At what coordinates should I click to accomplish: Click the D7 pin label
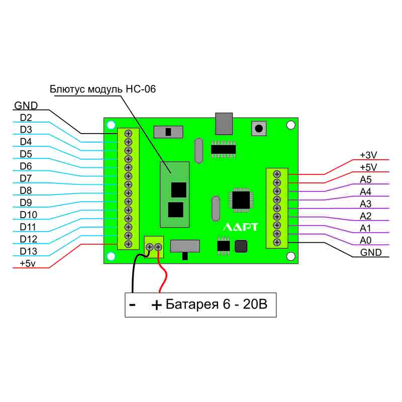(26, 178)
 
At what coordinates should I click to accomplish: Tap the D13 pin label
(28, 251)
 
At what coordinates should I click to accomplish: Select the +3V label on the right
(368, 155)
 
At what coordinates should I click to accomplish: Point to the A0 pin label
(365, 240)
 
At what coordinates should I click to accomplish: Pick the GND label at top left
(26, 106)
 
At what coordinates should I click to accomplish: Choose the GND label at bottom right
(371, 252)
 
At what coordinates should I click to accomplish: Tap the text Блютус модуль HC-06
(103, 89)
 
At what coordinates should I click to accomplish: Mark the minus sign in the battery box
(132, 305)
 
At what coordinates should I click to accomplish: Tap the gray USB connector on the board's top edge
(224, 124)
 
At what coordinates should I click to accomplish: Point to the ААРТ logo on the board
(240, 227)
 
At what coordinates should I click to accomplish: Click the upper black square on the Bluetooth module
(178, 190)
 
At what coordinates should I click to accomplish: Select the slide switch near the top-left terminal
(168, 132)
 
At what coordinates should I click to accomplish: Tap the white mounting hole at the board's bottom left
(111, 256)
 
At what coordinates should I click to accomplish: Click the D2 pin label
(26, 118)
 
